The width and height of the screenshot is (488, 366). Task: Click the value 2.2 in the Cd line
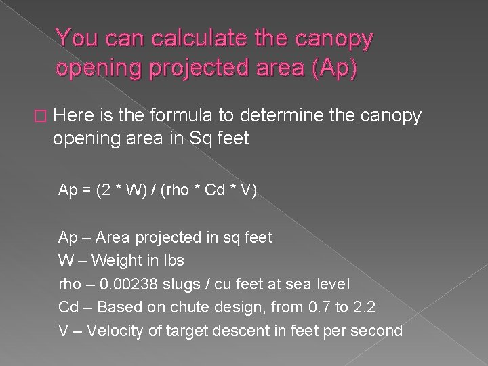tap(363, 308)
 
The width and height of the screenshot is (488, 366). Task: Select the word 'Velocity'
tap(119, 331)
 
